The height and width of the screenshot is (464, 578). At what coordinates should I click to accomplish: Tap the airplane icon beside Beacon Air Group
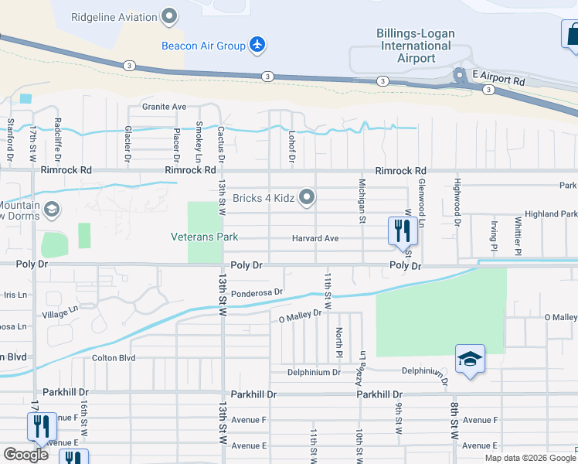(x=257, y=45)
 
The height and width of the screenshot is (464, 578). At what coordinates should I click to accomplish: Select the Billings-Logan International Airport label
(x=416, y=46)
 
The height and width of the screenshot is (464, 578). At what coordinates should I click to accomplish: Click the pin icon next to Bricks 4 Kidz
(x=308, y=198)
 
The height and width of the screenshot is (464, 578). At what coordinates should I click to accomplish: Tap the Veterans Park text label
(x=205, y=237)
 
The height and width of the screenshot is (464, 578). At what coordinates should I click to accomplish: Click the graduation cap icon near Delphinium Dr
(x=470, y=359)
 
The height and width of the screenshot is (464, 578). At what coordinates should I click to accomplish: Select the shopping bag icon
(x=572, y=35)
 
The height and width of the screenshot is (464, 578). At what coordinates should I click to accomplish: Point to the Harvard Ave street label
(x=315, y=238)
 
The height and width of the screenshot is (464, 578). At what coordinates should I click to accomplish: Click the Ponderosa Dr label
(x=257, y=292)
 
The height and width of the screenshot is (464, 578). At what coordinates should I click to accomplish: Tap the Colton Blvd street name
(x=114, y=358)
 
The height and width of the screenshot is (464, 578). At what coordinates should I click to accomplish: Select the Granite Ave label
(x=164, y=107)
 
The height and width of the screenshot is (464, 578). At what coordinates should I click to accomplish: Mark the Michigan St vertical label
(x=361, y=200)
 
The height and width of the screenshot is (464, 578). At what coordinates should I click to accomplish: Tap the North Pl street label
(x=338, y=338)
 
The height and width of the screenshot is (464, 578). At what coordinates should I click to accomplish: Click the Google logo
(x=26, y=454)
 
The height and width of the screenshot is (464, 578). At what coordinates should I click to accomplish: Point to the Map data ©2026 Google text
(x=529, y=458)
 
